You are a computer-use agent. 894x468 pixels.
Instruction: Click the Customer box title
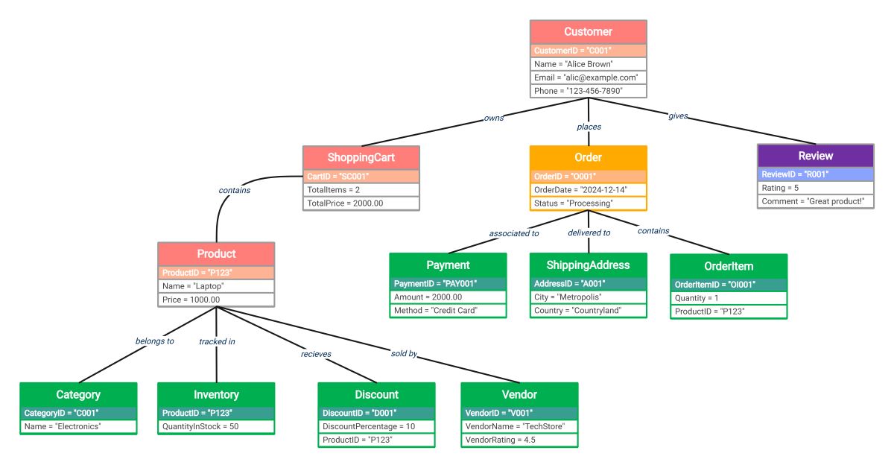(x=588, y=32)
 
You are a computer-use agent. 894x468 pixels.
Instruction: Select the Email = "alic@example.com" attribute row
(x=588, y=78)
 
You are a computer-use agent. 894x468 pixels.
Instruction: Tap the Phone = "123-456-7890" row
(x=588, y=91)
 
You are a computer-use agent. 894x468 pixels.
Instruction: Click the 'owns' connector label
(x=494, y=118)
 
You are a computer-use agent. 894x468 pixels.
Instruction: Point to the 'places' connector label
(x=589, y=127)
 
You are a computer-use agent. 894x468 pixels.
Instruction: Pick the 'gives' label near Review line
(x=677, y=116)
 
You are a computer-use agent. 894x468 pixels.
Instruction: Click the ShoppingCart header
(x=361, y=157)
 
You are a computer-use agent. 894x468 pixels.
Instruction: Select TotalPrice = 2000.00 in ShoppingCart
(x=361, y=203)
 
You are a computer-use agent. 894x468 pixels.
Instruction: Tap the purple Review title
(x=815, y=156)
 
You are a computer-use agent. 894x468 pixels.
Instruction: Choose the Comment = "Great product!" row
(x=815, y=202)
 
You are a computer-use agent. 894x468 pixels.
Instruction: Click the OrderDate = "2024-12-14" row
(x=589, y=190)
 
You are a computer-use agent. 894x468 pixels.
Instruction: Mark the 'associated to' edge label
(x=513, y=233)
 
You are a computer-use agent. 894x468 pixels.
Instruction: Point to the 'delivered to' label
(x=589, y=233)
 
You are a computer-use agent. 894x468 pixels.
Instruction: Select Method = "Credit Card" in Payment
(x=448, y=311)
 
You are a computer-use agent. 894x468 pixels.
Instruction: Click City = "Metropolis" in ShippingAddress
(x=589, y=297)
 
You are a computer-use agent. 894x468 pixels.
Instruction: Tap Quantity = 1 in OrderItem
(x=729, y=298)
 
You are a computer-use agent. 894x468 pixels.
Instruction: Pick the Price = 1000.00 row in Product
(x=217, y=300)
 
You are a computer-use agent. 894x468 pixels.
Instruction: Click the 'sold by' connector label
(x=404, y=353)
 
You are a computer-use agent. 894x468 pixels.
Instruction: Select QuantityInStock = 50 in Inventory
(x=216, y=427)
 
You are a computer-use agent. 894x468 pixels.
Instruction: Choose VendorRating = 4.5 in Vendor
(x=519, y=440)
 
